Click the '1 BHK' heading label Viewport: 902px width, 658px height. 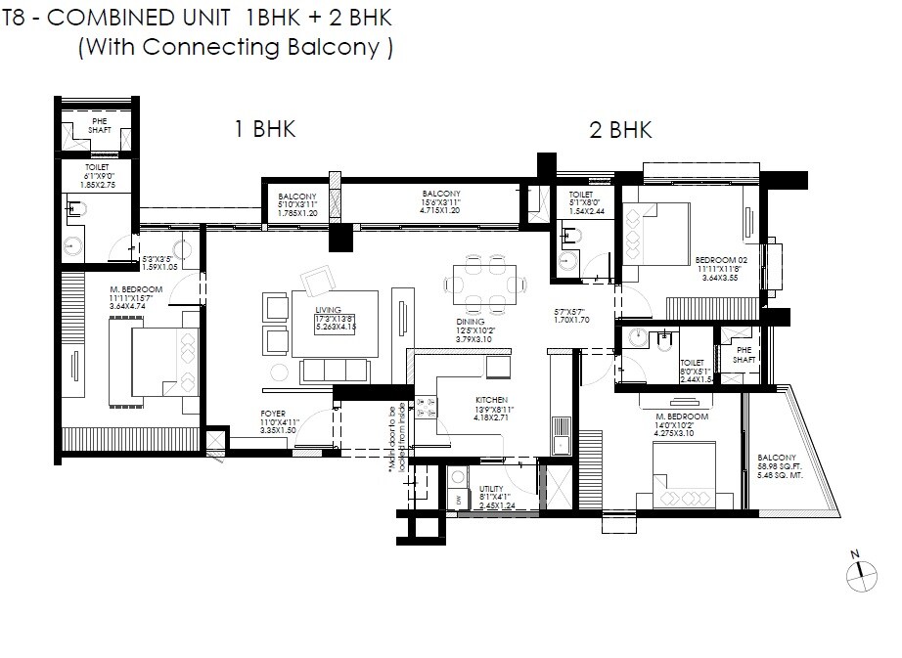coord(264,129)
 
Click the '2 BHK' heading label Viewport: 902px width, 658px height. coord(620,129)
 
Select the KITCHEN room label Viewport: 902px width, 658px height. coord(490,401)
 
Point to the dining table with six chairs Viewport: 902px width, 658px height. coord(485,284)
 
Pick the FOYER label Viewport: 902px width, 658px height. coord(273,415)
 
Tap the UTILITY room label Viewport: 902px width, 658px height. coord(494,489)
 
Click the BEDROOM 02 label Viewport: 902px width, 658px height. coord(721,260)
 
